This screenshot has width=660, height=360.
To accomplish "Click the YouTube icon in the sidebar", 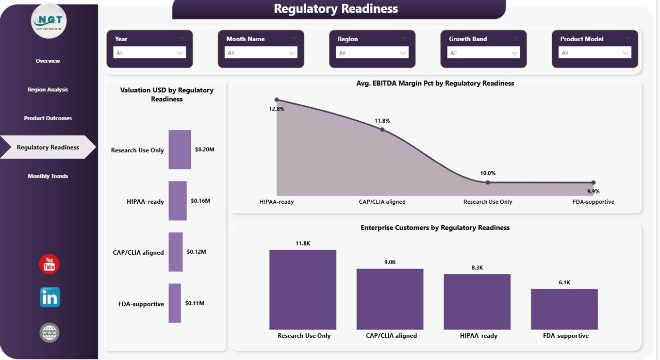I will pos(49,264).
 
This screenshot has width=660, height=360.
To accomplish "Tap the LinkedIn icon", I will pos(50,298).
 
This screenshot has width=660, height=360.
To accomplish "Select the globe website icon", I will pos(49,333).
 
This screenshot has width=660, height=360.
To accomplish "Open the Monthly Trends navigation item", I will pos(48,176).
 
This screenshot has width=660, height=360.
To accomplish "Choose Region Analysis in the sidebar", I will pos(48,90).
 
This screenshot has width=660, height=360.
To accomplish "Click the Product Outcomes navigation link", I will pos(48,119).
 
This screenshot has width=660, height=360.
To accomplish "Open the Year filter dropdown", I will pos(150,53).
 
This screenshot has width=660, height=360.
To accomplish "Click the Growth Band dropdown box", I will pos(484,53).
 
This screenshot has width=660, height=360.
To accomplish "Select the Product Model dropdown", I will pos(595,53).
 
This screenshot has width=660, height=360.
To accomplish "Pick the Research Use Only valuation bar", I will pos(179,150).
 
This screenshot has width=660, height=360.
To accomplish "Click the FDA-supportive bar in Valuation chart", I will pos(175,303).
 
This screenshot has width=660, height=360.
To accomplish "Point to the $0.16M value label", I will pos(200,201).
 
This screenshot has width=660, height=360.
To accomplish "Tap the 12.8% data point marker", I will pos(277,100).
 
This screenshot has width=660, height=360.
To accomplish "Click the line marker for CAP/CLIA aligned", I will pos(382,129).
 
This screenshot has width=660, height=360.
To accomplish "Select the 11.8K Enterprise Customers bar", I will pos(303,290).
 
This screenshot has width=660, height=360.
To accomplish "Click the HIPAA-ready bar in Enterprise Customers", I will pos(477,302).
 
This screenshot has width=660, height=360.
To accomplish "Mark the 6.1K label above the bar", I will pos(564,283).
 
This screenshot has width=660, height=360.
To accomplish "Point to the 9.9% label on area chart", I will pos(593,192).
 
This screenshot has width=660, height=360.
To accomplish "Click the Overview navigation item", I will pos(48,61).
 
